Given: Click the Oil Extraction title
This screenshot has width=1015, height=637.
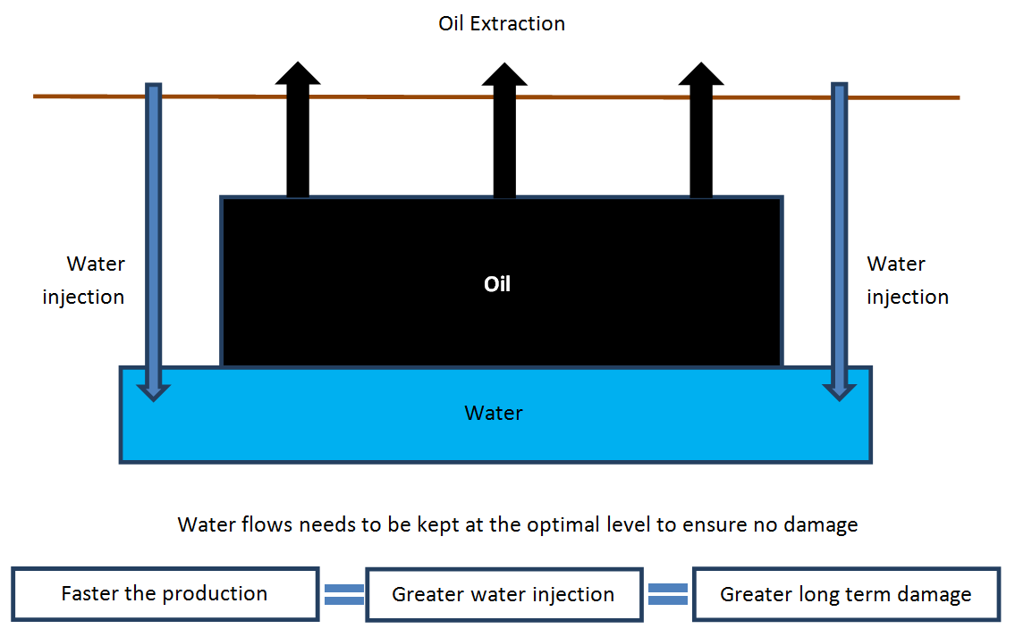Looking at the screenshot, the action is coord(502,24).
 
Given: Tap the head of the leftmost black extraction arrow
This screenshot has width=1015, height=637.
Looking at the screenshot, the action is coord(298,73).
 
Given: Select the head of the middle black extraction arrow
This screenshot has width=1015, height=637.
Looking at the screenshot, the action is coord(504,74).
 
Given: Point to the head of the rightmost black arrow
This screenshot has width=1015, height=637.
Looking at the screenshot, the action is coord(701,73).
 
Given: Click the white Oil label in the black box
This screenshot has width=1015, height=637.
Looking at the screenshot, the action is coord(497,284).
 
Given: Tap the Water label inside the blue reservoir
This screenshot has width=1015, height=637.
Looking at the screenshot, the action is coord(494,414).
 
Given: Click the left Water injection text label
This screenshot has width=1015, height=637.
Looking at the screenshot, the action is coord(83,280).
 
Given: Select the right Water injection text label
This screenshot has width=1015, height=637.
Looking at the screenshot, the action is coord(908,280).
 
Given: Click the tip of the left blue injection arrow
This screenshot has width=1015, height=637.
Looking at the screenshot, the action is coord(154,401).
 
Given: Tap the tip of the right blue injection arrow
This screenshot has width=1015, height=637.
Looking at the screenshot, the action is coord(839,401).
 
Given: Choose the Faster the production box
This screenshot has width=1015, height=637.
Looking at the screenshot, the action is coord(165,594).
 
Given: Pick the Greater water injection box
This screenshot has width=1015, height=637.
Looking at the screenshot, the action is coord(504,595).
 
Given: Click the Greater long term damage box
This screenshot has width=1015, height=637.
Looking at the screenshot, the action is coord(847,594).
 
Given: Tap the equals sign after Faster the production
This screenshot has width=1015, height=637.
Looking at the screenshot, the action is coord(343,594).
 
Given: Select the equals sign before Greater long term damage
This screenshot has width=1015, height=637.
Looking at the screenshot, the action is coord(668,594).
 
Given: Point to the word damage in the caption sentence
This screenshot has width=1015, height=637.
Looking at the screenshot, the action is coord(821,525).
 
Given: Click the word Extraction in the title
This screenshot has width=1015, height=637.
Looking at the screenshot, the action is coord(518,24).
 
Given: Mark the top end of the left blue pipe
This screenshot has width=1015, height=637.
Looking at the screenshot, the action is coord(154,84).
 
